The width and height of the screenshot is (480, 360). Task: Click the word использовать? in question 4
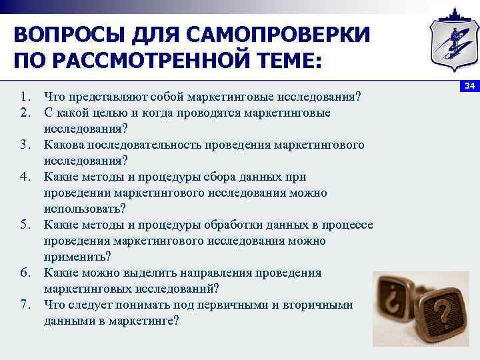pyautogui.click(x=85, y=209)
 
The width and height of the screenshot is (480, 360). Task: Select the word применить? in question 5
pyautogui.click(x=78, y=257)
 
